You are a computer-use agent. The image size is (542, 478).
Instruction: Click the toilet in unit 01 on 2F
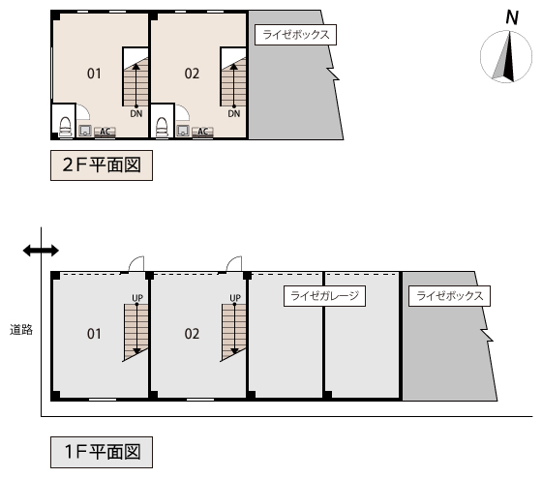coord(66,127)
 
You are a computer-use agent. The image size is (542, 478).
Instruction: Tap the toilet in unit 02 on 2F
coord(163,127)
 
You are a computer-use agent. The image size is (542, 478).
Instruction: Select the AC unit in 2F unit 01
coord(105,132)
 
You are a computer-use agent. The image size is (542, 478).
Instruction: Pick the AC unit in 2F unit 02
coord(202,132)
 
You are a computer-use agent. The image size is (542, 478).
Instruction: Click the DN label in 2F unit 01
coord(136,114)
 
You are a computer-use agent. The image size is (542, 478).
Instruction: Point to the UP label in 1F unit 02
coord(235,298)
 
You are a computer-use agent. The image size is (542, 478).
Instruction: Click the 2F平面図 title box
coord(102,165)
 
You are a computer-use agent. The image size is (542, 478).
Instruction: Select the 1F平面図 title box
coord(102,452)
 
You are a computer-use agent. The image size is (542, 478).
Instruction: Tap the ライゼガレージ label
coord(324,296)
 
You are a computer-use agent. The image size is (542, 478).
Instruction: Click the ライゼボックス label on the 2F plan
coord(295,35)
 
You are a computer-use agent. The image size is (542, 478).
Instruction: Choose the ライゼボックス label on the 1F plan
coord(449,296)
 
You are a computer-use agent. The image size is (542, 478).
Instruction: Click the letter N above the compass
coord(512,17)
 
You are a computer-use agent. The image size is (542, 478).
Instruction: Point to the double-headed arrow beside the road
coord(41,251)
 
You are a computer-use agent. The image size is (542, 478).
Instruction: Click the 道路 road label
coord(21,330)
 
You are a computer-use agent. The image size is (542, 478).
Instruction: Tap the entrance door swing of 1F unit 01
coord(135,264)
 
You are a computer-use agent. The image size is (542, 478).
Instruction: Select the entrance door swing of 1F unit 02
coord(233,264)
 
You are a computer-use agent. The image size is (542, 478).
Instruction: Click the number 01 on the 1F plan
coord(94,334)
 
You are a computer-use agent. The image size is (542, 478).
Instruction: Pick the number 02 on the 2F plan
coord(192,74)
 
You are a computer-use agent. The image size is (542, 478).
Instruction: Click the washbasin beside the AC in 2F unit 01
coord(85,131)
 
